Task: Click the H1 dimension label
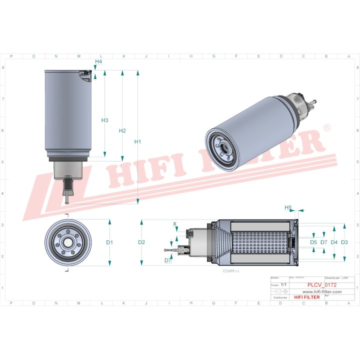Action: (x=138, y=141)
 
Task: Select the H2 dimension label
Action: (x=122, y=130)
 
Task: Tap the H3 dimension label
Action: (x=104, y=120)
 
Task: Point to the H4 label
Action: (x=98, y=61)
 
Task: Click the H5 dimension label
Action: (x=288, y=207)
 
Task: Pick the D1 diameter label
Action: (x=109, y=242)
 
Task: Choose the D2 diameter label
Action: (x=141, y=242)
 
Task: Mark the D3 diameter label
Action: (x=344, y=242)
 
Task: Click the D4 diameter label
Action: (x=334, y=242)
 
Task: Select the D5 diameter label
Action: (x=313, y=242)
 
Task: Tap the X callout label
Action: (x=174, y=224)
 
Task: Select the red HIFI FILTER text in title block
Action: (x=307, y=297)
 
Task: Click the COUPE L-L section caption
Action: (x=231, y=270)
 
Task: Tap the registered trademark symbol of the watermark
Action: (x=327, y=128)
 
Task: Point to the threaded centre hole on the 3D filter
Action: (x=223, y=147)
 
